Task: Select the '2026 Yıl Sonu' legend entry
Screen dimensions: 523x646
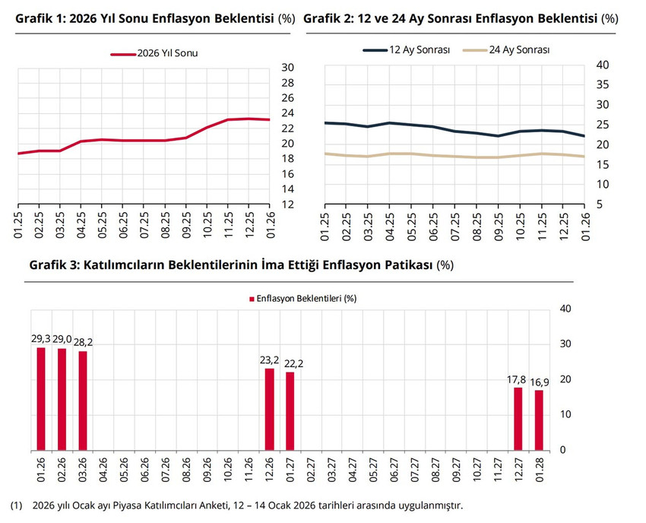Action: (157, 53)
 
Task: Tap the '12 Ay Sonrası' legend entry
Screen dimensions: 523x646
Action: (407, 49)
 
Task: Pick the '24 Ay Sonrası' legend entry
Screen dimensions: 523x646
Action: (509, 49)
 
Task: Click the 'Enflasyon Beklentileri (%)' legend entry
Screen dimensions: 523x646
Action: (302, 298)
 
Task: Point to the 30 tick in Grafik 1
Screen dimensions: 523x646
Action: (287, 68)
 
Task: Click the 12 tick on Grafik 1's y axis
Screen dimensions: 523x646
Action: (287, 204)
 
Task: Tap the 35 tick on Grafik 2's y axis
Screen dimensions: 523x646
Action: (600, 84)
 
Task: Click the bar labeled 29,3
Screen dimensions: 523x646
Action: (41, 398)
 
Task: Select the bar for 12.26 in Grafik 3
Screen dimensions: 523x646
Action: (269, 408)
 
